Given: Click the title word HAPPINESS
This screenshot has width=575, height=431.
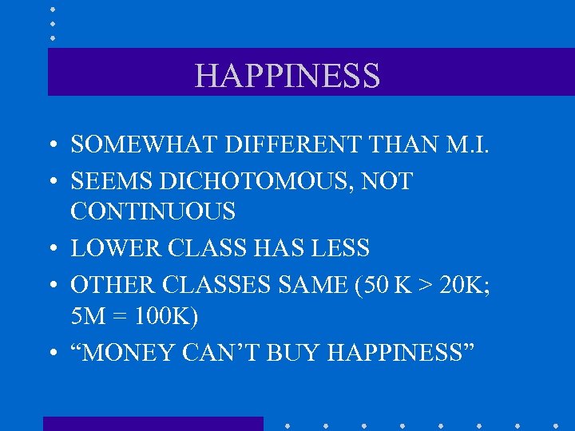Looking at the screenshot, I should click(x=287, y=76).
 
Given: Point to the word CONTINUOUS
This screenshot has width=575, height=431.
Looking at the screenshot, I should click(x=153, y=212).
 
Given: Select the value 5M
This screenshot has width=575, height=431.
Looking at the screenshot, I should click(x=87, y=316).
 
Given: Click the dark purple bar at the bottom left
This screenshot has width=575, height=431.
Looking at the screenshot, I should click(x=152, y=423).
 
